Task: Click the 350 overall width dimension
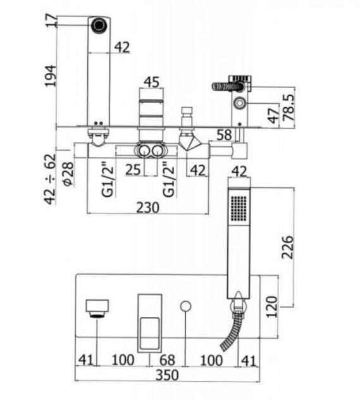click(x=167, y=375)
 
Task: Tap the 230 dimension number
click(x=147, y=208)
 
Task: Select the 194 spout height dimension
click(x=50, y=76)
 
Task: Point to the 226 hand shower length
click(x=288, y=247)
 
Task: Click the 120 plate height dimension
click(x=271, y=306)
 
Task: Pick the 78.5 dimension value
click(x=289, y=107)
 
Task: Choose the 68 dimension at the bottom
click(x=167, y=360)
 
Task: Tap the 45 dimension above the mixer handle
click(x=151, y=82)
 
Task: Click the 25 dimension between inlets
click(x=133, y=170)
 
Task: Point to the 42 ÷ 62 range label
click(x=50, y=179)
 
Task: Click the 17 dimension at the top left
click(x=51, y=20)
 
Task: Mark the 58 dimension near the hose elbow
click(x=224, y=135)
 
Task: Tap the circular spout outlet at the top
click(x=99, y=25)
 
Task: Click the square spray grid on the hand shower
click(x=239, y=208)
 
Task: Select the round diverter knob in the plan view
click(x=185, y=306)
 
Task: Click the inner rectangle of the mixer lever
click(x=150, y=334)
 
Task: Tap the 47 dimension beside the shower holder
click(x=273, y=116)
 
